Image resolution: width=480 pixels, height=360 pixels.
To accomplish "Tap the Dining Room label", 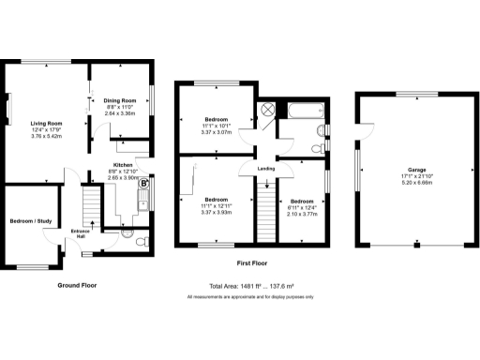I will [120, 99].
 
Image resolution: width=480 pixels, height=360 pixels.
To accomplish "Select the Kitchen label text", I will [122, 164].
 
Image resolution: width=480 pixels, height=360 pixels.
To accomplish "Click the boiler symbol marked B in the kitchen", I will [143, 185].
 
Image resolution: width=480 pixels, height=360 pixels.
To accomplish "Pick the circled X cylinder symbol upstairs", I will [267, 108].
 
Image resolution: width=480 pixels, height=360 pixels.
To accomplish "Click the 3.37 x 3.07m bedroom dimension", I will [216, 132].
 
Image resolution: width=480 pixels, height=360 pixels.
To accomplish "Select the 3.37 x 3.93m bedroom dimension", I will [217, 211].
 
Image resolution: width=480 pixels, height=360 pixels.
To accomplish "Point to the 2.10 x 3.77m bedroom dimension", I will [301, 213].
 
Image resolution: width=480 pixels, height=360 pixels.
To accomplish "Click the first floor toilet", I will [319, 146].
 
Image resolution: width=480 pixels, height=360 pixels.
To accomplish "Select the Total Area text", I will [251, 286].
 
